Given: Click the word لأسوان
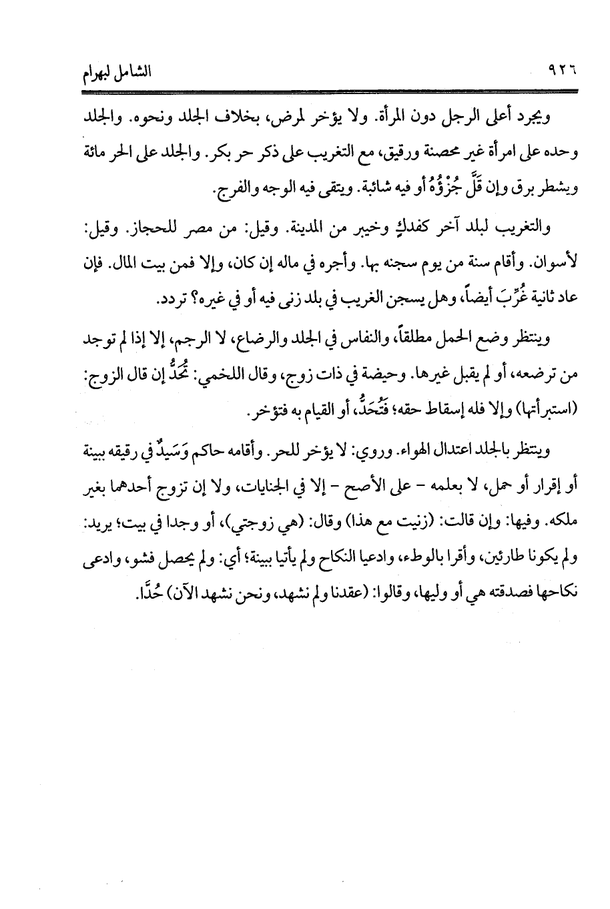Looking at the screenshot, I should [553, 265].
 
